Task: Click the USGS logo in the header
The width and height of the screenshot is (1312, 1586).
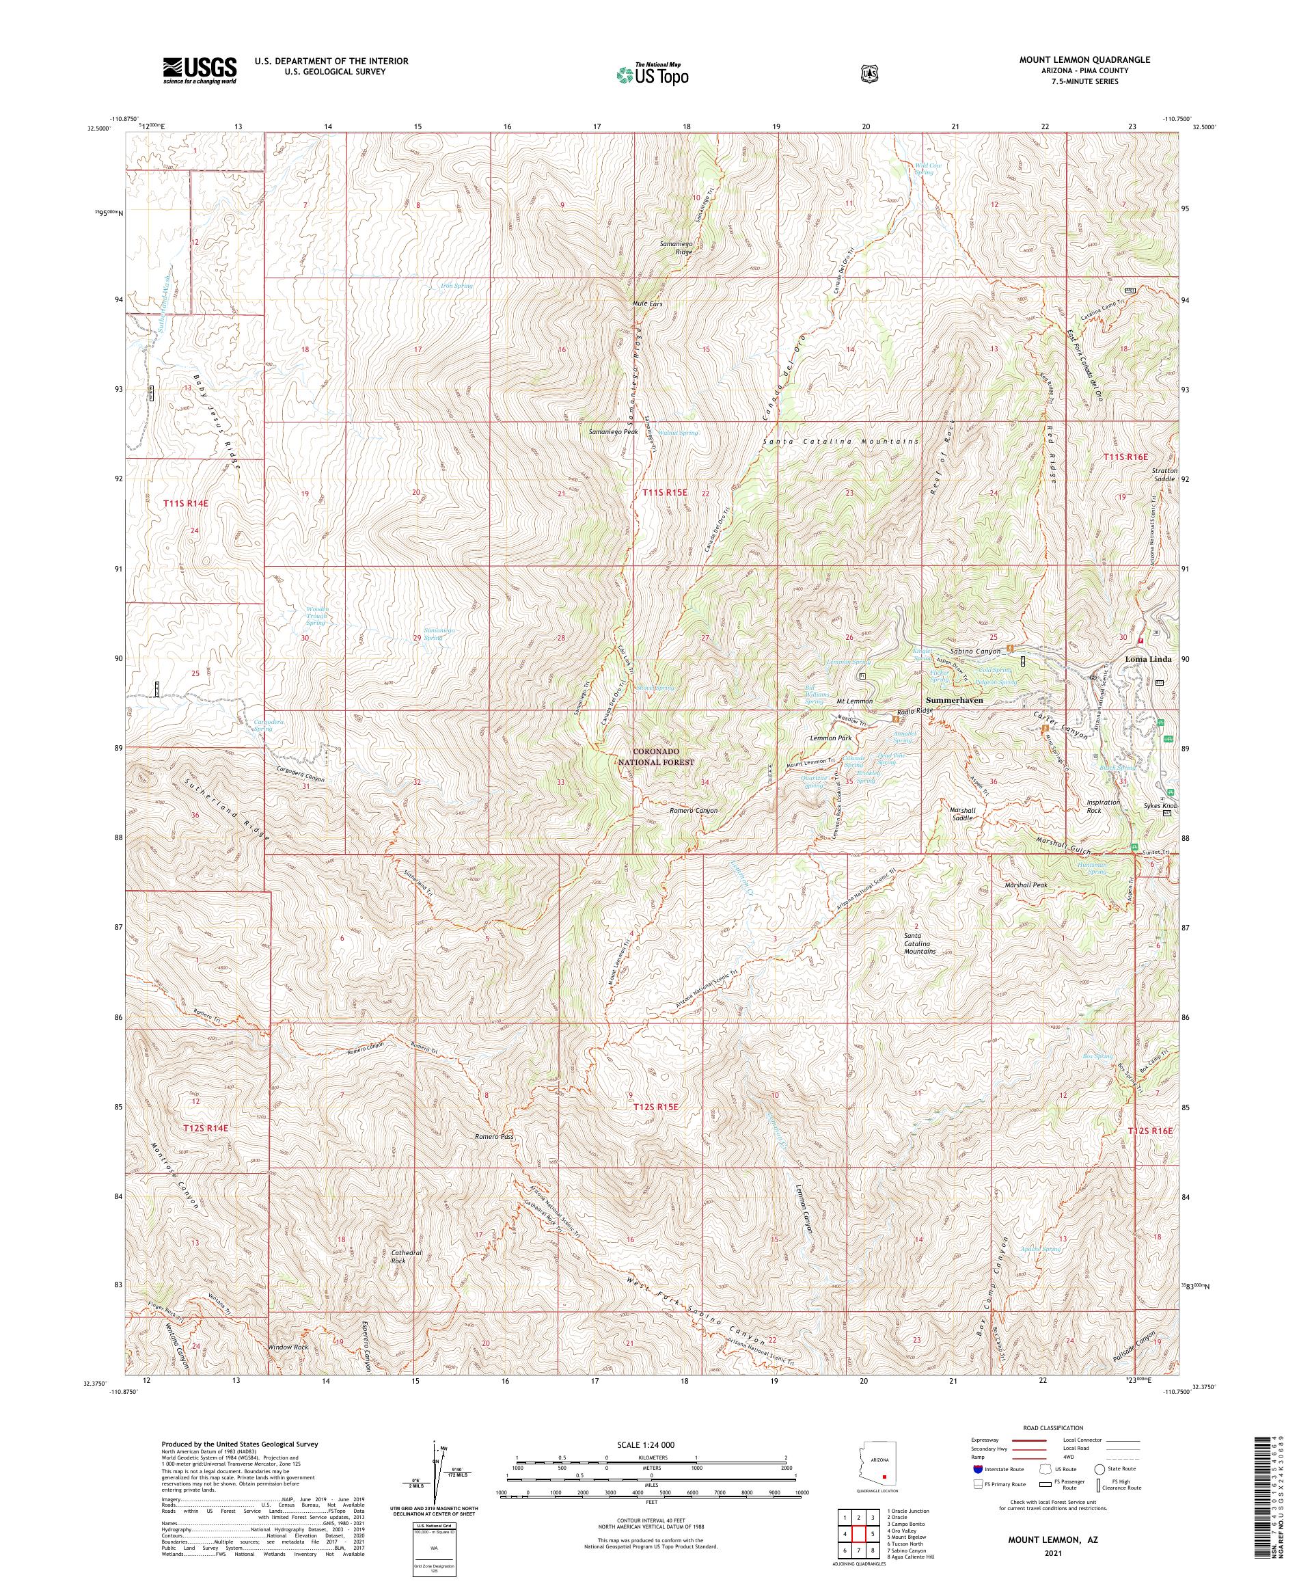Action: (x=200, y=70)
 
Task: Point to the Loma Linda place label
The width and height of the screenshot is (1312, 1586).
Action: (x=1148, y=658)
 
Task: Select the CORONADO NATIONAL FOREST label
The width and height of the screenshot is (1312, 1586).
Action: (x=655, y=757)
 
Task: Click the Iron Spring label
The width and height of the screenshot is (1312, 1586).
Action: (x=456, y=286)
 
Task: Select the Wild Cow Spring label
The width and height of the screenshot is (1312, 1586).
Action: (x=924, y=168)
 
